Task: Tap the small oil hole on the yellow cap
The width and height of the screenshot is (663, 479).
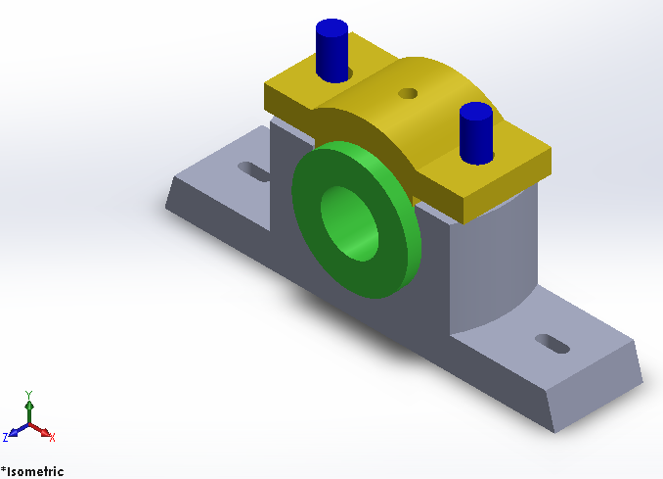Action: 408,94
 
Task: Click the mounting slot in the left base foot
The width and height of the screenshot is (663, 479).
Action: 253,171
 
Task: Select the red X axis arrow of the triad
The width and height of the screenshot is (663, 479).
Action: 45,431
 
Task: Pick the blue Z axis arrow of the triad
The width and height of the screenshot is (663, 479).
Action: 14,432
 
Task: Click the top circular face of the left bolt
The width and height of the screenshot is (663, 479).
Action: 331,26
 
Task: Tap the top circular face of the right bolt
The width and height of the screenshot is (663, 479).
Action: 475,109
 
